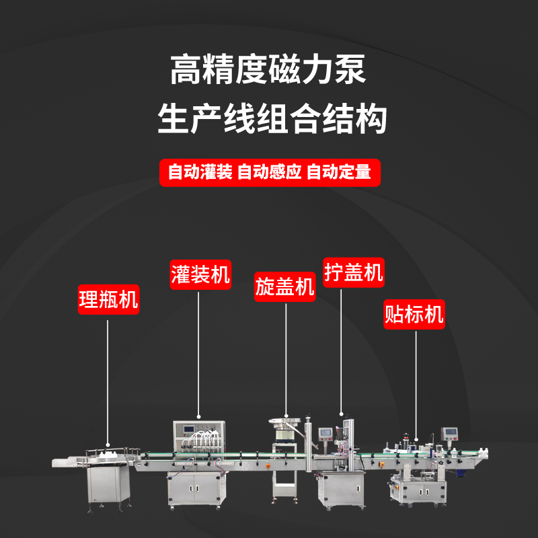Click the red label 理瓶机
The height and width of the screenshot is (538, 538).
coord(108,300)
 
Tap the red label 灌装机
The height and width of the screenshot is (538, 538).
coord(200,274)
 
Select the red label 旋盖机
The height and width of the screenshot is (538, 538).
coord(284,287)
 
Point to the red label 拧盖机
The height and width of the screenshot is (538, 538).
coord(353,272)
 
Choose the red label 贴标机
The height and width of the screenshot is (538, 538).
coord(414,314)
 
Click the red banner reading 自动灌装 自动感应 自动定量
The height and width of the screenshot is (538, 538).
coord(269,172)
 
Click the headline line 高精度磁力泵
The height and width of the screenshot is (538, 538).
coord(269,71)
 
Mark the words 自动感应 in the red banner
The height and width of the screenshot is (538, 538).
coord(269,172)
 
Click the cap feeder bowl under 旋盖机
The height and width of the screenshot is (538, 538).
coord(286,424)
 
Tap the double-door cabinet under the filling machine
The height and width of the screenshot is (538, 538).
coord(195,488)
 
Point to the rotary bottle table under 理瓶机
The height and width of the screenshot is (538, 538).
coord(108,455)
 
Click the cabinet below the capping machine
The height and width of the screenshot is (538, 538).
coord(341,488)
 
